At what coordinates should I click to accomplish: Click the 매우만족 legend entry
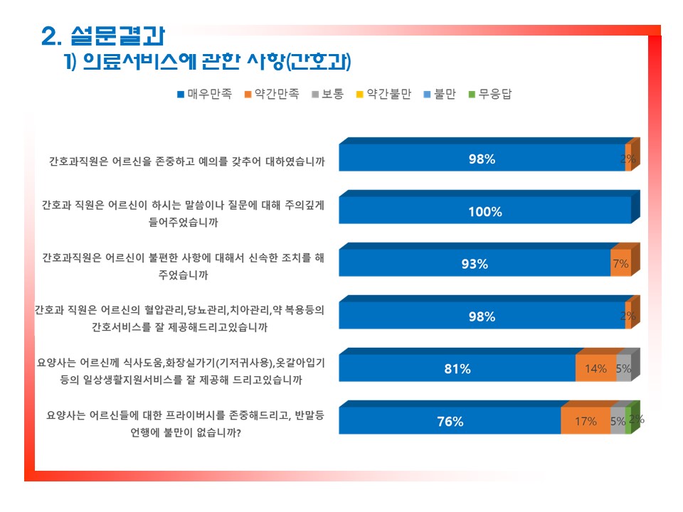click(x=204, y=94)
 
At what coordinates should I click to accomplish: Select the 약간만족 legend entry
click(x=272, y=94)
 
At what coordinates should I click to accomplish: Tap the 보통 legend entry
click(x=328, y=94)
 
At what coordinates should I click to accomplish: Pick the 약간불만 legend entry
click(x=383, y=94)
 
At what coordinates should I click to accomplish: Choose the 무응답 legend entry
click(x=490, y=94)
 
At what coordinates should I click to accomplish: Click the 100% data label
click(x=485, y=212)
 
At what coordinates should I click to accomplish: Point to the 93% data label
click(x=475, y=265)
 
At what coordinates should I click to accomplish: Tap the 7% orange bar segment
click(x=620, y=263)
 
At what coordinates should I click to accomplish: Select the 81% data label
click(x=457, y=369)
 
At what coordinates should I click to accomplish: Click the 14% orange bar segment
click(x=596, y=368)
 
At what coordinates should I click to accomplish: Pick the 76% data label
click(x=450, y=422)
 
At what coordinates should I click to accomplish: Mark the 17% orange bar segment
click(x=586, y=421)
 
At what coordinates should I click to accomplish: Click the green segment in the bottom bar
click(x=628, y=421)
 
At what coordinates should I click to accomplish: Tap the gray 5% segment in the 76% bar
click(x=618, y=421)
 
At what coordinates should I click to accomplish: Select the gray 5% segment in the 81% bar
click(x=624, y=368)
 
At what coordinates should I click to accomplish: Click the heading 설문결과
click(x=117, y=36)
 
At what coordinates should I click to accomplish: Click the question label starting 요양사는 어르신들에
click(x=186, y=424)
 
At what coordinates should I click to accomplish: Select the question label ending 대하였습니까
click(x=187, y=161)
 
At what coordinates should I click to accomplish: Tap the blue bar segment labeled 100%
click(x=485, y=210)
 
